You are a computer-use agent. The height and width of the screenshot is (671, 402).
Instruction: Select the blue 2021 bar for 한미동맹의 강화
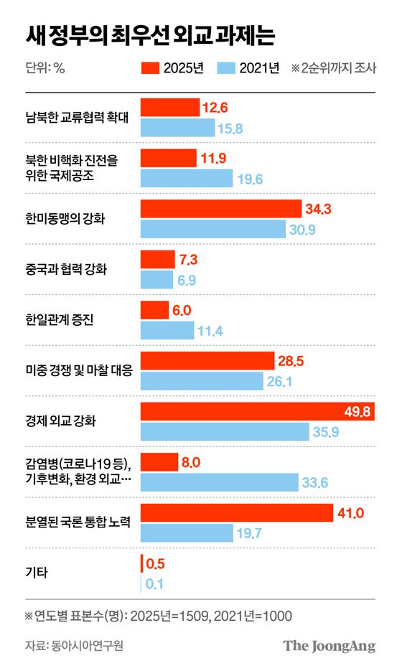212,229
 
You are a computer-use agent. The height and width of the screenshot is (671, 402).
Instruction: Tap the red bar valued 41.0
237,512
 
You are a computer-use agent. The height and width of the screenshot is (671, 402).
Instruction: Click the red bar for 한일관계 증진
154,310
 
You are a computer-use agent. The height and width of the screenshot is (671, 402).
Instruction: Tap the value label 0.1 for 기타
154,583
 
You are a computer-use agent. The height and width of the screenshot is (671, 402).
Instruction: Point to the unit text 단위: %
45,69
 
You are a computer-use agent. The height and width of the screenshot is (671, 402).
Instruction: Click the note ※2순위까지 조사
334,69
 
